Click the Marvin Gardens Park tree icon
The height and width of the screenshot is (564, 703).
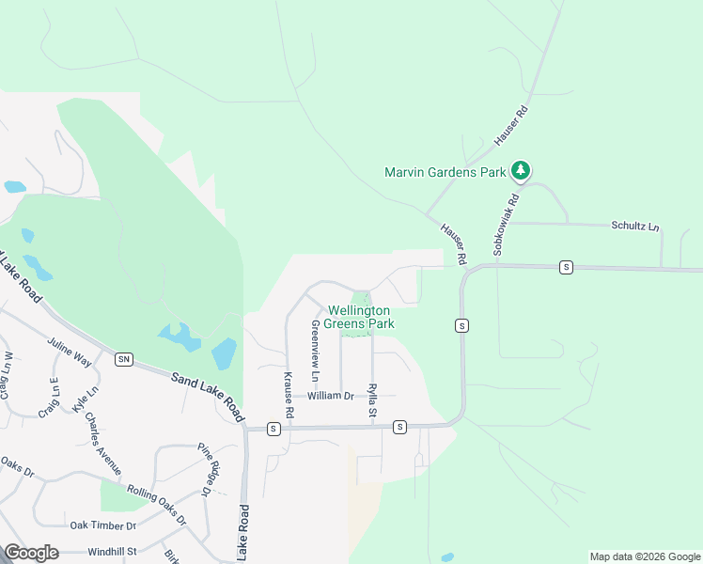tap(521, 171)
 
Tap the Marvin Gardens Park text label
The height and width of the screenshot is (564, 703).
tap(445, 172)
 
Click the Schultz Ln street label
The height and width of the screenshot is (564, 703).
tap(635, 227)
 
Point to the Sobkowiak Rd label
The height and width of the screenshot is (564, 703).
tap(505, 225)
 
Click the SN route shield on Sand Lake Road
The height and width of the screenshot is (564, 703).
tap(123, 359)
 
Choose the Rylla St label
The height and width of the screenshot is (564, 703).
tap(373, 400)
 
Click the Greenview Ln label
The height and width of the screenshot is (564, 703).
tap(315, 351)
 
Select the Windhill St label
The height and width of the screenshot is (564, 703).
tap(113, 551)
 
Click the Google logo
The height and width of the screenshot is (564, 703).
tap(32, 553)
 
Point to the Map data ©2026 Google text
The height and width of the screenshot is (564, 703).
tap(644, 556)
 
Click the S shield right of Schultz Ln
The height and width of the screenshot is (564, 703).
tap(566, 267)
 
